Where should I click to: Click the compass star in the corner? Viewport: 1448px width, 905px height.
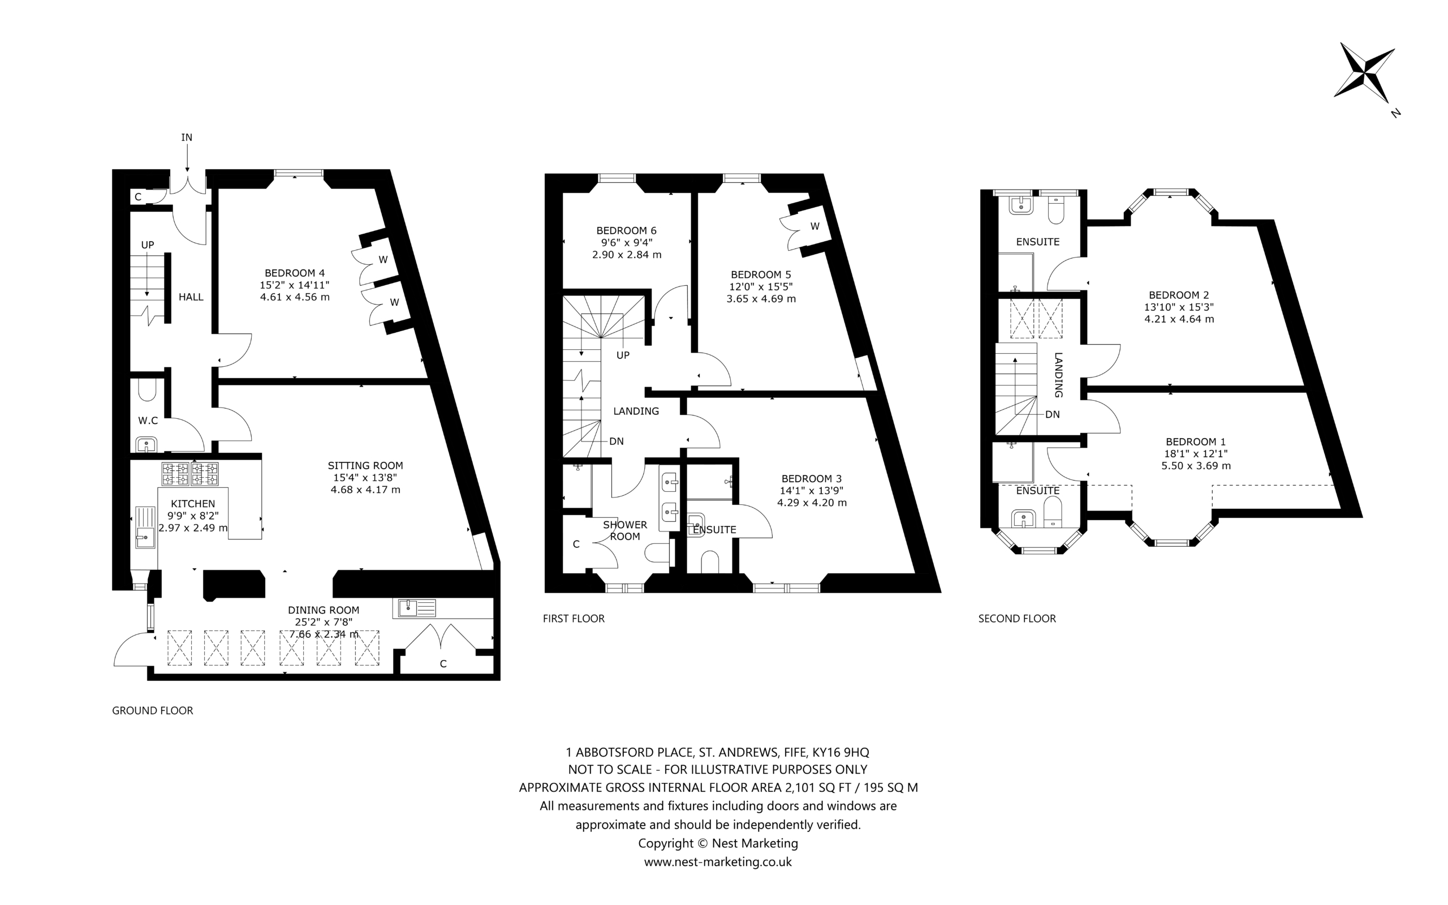pos(1365,72)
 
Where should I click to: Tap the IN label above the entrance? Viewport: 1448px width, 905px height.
pos(187,138)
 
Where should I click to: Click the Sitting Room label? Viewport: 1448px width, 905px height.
pos(365,465)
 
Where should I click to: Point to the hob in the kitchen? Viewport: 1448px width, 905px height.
pos(189,474)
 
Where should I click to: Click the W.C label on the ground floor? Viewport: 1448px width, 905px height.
pos(148,421)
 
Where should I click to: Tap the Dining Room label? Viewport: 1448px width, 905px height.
pos(324,610)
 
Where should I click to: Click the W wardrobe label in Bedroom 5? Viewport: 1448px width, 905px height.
pos(815,226)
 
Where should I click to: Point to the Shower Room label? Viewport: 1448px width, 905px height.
pos(625,530)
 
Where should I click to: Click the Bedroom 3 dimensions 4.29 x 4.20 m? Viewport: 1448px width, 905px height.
pos(812,503)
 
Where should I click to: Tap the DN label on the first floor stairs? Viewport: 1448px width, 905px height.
pos(616,441)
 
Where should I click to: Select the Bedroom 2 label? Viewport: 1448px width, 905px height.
pos(1179,295)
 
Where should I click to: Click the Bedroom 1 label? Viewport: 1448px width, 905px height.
pos(1196,441)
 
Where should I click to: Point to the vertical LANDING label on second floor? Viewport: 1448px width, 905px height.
pos(1058,375)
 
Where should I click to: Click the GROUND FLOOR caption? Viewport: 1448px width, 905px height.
pos(153,710)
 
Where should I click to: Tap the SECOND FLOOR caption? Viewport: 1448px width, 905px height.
pos(1017,618)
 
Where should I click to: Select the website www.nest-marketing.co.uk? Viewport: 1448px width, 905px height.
pos(718,862)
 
